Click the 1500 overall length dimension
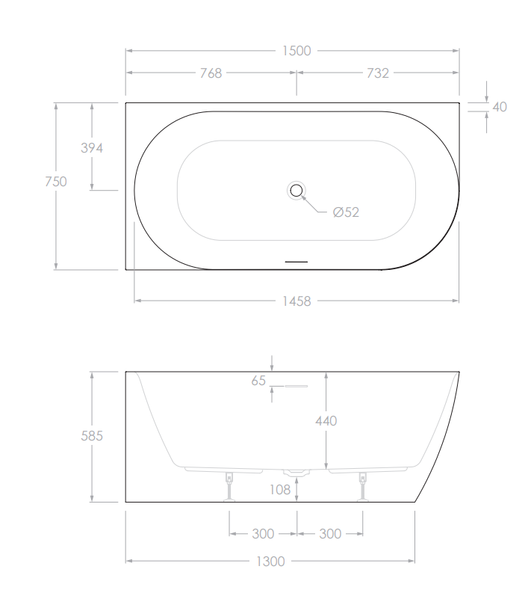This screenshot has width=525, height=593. tap(296, 51)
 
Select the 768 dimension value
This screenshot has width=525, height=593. tap(211, 73)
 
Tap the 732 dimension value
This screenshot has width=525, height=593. tap(378, 73)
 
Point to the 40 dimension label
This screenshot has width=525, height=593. tap(500, 107)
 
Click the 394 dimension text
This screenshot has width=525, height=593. tap(91, 148)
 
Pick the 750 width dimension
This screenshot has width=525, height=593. tap(56, 181)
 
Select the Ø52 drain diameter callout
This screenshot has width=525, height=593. tap(346, 212)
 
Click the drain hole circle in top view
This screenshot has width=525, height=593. tap(296, 190)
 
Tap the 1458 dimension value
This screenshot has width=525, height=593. tap(296, 301)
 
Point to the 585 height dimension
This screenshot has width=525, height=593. tap(91, 435)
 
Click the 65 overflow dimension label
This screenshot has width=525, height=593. tap(258, 381)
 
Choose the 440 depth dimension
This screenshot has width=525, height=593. tap(326, 421)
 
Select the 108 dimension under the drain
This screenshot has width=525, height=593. tap(280, 490)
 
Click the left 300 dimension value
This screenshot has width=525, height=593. tap(263, 534)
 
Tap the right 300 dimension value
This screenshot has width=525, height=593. tap(330, 534)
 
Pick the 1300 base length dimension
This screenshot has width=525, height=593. tap(270, 561)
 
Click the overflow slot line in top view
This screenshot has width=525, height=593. tap(296, 262)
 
